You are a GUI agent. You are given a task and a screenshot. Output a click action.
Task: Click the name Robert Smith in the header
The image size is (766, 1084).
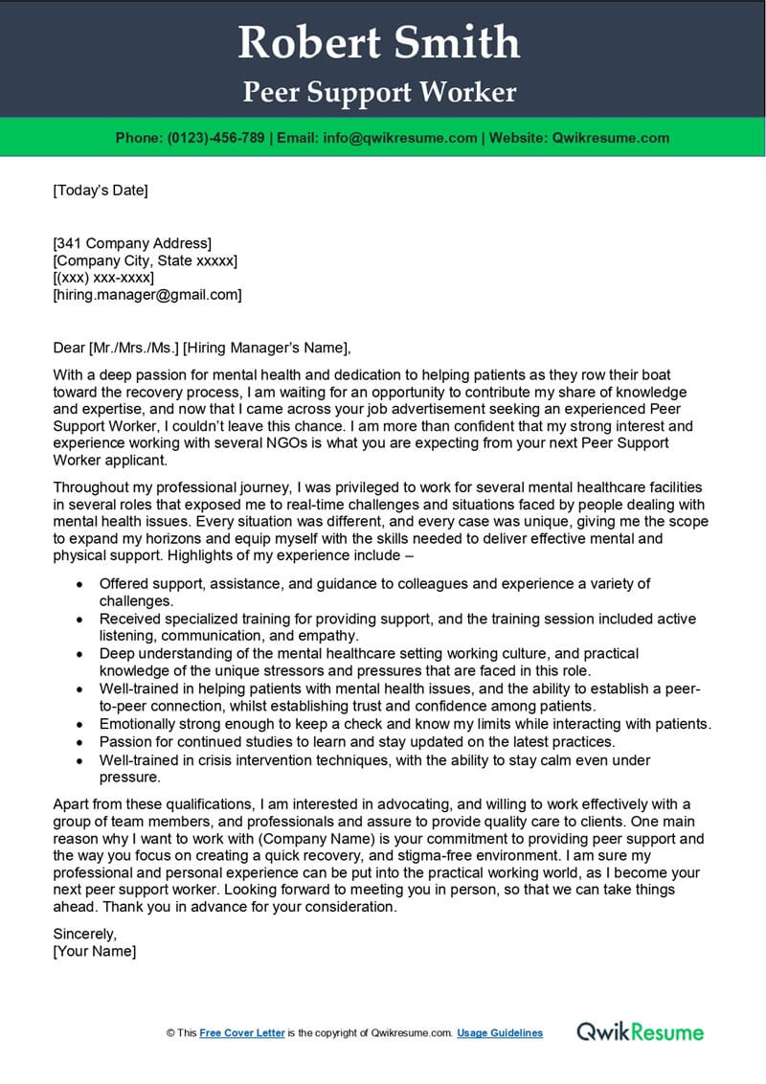[379, 43]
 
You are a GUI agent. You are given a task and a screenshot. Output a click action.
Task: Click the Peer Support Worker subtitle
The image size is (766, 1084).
[379, 92]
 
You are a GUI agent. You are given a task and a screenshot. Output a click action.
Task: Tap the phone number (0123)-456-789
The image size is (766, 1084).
[216, 138]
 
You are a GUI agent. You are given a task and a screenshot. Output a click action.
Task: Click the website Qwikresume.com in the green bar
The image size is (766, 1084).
[611, 138]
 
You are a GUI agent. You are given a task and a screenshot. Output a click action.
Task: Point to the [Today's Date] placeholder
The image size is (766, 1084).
[101, 191]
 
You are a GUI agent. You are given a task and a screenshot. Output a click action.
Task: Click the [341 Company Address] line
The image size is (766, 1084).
[132, 243]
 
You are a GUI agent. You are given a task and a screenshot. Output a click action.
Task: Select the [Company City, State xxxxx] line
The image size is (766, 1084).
[146, 260]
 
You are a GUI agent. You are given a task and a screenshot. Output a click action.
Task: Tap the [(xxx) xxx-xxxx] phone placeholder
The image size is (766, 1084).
[105, 278]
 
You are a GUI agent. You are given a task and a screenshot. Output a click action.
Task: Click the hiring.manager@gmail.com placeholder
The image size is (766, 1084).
[147, 295]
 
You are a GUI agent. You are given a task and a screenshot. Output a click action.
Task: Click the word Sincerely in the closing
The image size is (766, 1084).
[85, 934]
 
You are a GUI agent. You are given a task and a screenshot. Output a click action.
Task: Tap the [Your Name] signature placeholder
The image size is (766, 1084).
[95, 951]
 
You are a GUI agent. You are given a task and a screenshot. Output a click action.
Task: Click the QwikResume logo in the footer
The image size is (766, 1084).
[640, 1031]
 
